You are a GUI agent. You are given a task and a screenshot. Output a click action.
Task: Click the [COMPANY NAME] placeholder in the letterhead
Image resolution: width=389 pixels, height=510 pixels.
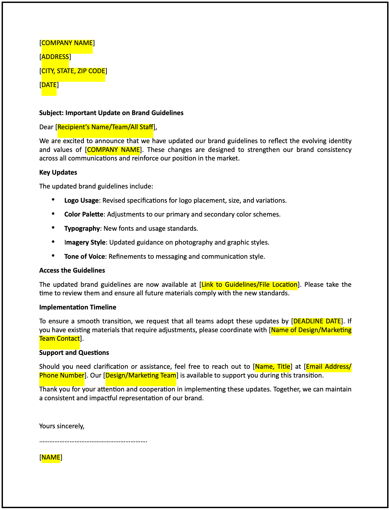67,43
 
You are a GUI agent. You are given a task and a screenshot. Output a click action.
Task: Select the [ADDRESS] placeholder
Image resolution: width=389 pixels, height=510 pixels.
55,57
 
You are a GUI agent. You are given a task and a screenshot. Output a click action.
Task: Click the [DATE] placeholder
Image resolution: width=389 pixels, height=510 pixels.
49,85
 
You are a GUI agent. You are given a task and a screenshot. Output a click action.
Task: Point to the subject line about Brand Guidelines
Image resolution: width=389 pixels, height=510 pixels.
111,113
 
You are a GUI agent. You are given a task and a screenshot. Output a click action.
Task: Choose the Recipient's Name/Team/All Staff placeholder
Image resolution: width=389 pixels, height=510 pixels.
105,127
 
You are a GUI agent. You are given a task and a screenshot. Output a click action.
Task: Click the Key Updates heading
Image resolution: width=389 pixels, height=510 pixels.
58,172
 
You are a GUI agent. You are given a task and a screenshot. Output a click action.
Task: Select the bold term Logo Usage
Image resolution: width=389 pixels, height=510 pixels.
81,201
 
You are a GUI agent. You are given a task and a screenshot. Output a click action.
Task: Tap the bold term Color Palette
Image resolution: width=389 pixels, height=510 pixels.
84,214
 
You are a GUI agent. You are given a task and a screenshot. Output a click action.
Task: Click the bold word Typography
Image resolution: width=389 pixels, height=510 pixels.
82,229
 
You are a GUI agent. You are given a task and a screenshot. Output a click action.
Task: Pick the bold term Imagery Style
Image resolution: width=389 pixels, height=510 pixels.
85,242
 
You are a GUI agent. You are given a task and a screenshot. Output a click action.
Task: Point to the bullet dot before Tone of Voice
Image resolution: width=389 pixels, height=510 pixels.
53,256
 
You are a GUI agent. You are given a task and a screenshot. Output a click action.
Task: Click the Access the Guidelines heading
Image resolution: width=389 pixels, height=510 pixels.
72,270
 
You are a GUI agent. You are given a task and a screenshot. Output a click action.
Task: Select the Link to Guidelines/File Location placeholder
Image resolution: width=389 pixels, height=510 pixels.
249,285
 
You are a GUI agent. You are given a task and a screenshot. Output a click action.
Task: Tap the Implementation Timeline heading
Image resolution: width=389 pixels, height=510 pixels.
78,307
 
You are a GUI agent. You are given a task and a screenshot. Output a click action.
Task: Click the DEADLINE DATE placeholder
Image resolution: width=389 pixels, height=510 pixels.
317,321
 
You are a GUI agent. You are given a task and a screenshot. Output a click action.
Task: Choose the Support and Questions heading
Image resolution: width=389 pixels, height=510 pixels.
74,353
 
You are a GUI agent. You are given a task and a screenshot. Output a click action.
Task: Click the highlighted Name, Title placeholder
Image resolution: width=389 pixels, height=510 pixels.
273,367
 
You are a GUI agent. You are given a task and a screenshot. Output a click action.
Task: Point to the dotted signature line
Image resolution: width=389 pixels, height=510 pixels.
93,441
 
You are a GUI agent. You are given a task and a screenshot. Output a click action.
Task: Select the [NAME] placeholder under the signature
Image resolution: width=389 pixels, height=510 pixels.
51,457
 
